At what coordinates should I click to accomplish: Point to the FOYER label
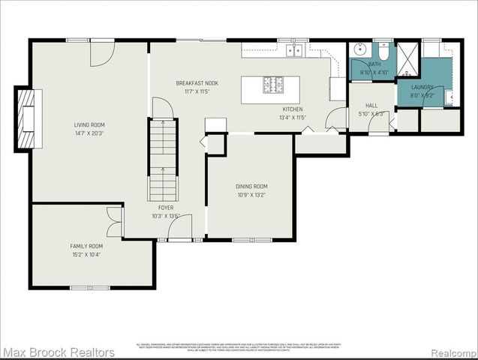click(x=166, y=207)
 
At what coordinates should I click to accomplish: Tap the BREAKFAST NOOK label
click(x=197, y=82)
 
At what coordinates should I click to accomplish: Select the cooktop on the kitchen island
click(x=272, y=85)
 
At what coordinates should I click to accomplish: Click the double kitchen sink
click(x=293, y=50)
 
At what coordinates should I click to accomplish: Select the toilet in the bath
click(x=383, y=52)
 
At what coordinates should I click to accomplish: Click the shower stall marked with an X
click(x=408, y=58)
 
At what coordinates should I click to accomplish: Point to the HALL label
click(x=372, y=106)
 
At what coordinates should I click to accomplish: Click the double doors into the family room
click(x=114, y=223)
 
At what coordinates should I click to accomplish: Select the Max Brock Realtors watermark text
click(x=58, y=352)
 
